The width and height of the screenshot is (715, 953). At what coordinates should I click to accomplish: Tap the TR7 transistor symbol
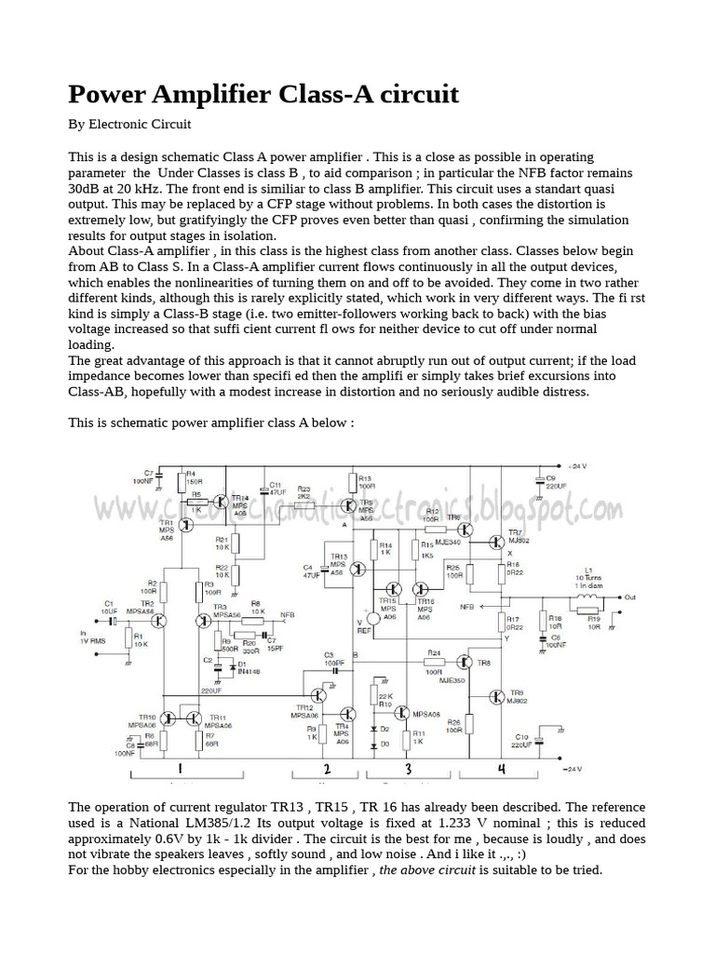493,543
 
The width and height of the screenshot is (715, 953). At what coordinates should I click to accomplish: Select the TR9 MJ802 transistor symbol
496,697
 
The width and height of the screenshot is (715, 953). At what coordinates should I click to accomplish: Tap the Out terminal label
630,597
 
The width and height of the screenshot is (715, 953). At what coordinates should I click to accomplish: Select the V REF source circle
372,619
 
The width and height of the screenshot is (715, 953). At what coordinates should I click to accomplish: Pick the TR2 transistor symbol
160,621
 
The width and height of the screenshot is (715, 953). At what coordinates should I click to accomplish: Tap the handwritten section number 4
501,770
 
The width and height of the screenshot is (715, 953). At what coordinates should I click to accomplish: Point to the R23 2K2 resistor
304,503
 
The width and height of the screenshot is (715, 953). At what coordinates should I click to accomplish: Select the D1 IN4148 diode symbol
221,665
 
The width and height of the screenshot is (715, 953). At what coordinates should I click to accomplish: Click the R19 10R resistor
587,611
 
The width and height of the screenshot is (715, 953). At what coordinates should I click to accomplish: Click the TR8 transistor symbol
464,661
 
